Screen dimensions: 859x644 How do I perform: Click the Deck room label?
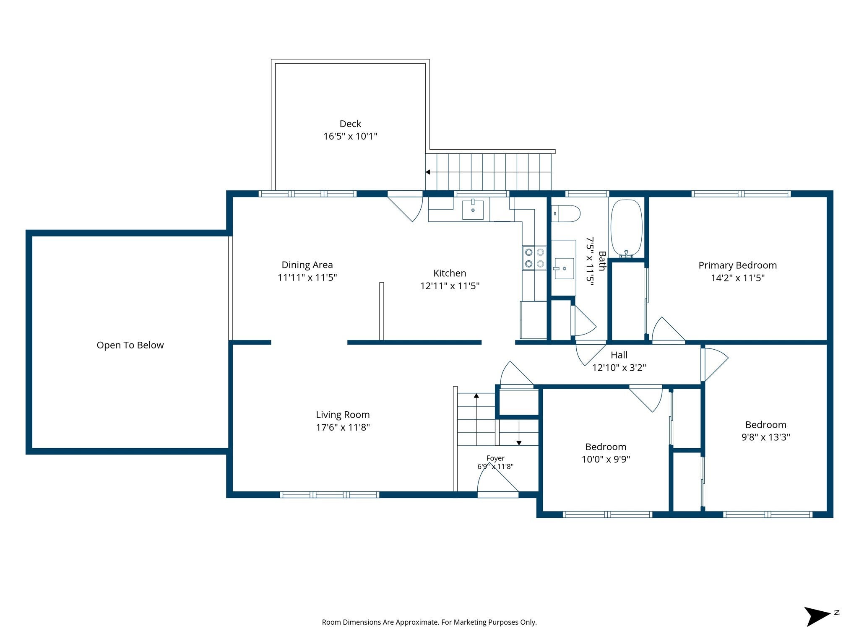[350, 124]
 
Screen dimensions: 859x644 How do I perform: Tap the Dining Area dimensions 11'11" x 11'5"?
[307, 278]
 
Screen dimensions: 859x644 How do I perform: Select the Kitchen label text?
[450, 273]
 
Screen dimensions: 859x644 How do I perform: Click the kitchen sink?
[473, 209]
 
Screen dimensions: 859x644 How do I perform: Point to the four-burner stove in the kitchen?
[534, 258]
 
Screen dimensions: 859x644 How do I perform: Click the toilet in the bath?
[565, 213]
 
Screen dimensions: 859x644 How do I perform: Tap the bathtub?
[626, 229]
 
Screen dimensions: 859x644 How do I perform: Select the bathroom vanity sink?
[563, 268]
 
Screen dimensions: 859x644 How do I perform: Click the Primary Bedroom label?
[737, 265]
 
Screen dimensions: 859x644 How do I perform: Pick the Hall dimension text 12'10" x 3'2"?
[619, 368]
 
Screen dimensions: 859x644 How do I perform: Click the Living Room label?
[343, 415]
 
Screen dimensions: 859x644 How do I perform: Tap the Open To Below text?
[130, 345]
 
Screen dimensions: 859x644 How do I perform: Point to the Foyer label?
[495, 458]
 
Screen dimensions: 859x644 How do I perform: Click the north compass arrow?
[817, 616]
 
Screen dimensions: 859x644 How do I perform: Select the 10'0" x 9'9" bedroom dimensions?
[606, 459]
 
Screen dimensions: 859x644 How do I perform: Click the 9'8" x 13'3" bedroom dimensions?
[765, 437]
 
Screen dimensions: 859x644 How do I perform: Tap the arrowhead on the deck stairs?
[428, 172]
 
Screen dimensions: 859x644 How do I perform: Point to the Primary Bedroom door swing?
[667, 330]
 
